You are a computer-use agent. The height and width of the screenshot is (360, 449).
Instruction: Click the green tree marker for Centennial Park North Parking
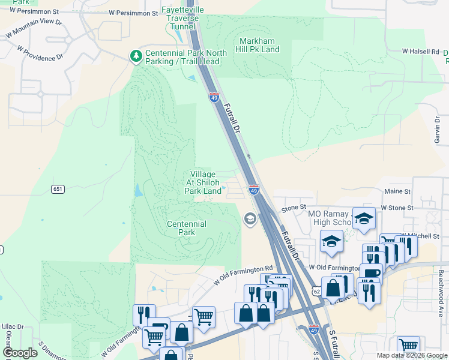[136, 56]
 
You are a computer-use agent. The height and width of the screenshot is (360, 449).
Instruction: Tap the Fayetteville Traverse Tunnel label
[182, 19]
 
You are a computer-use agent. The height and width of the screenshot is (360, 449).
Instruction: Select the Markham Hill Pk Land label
[259, 45]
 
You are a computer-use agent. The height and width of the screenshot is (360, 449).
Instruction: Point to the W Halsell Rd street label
[420, 52]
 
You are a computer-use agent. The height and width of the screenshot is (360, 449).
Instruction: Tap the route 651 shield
[58, 189]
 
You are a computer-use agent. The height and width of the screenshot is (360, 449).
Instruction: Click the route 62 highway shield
[316, 291]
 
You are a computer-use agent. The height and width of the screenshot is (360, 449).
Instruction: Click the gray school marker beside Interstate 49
[250, 219]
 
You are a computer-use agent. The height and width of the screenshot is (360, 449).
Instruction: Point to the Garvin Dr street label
[438, 129]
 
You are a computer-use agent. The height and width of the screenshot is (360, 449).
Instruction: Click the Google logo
[20, 353]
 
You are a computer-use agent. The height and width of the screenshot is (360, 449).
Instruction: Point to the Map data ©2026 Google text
[411, 355]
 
